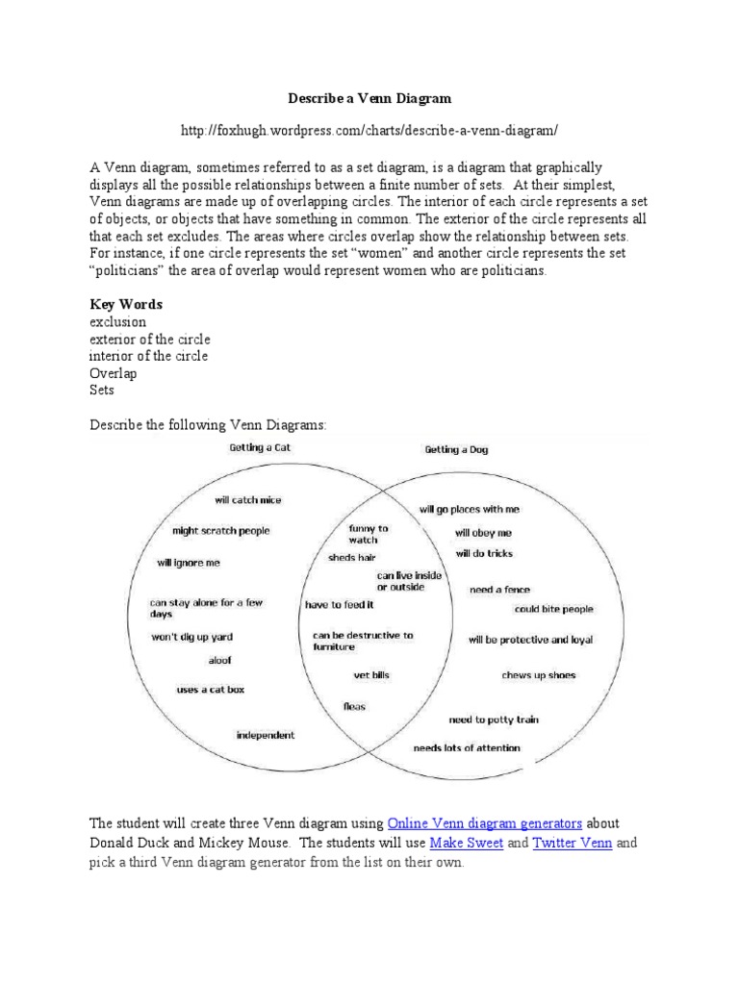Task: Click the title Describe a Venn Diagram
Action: [x=369, y=98]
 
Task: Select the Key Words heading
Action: [x=126, y=304]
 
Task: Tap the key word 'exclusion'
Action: [x=117, y=321]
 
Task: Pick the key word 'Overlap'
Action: [x=114, y=373]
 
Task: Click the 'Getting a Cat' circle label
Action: [x=260, y=448]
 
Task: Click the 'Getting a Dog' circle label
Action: [x=457, y=449]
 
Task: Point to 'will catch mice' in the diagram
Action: [x=248, y=500]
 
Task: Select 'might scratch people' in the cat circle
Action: [x=221, y=530]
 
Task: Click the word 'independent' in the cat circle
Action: [x=266, y=735]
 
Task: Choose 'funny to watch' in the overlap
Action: [x=369, y=534]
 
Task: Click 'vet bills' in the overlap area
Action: [x=371, y=676]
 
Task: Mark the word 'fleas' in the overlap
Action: [x=354, y=706]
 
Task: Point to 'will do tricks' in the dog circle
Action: [x=484, y=553]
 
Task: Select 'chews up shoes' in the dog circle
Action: [x=538, y=675]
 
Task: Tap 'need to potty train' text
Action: [x=494, y=720]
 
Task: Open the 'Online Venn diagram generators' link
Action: [x=485, y=823]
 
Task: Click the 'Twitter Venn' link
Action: [x=573, y=843]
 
